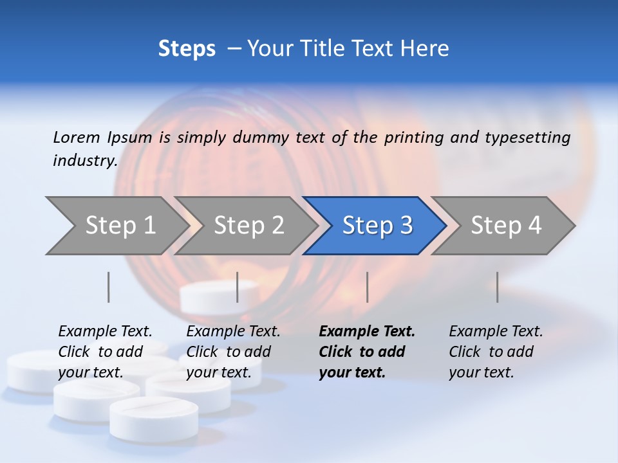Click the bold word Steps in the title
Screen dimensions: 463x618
pos(187,49)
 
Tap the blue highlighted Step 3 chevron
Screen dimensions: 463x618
pos(377,226)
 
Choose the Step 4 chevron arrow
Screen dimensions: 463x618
pos(506,226)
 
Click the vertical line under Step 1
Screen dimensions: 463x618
pos(109,287)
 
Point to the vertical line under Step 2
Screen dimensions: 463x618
pos(238,287)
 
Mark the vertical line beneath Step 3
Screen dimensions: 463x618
pos(367,287)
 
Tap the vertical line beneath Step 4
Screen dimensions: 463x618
pos(498,287)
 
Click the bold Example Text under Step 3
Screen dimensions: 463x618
pos(367,352)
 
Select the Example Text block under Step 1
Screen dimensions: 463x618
pos(105,352)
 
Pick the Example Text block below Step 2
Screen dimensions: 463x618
pos(233,352)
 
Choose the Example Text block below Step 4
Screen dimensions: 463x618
pos(496,352)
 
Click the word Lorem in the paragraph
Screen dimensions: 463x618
pos(77,138)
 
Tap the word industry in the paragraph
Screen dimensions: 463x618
pos(84,161)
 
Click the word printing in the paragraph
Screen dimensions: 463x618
pos(407,138)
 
